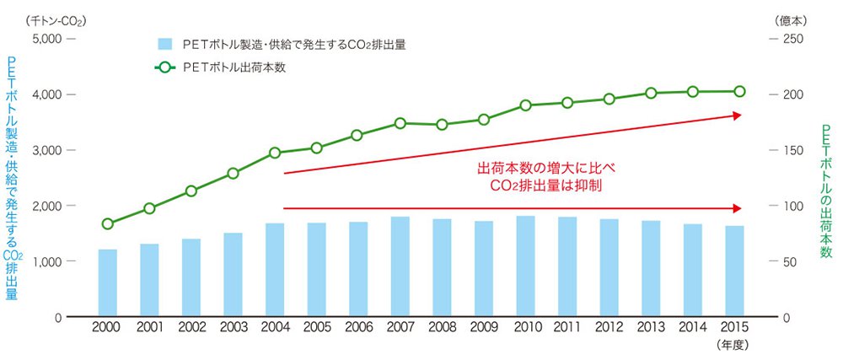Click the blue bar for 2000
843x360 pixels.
(x=108, y=283)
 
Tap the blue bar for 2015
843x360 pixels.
(x=735, y=271)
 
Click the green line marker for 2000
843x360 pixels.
(x=108, y=224)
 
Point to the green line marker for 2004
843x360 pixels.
(x=275, y=153)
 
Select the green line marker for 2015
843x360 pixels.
(x=739, y=91)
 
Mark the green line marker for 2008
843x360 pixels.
(x=442, y=125)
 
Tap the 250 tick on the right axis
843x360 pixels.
(x=792, y=39)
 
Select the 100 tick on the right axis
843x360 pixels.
(x=792, y=206)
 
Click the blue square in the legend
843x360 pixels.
(x=165, y=45)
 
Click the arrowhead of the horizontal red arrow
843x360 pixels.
(x=738, y=207)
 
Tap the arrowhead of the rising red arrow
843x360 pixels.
(x=737, y=116)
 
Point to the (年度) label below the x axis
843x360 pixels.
(x=733, y=345)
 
